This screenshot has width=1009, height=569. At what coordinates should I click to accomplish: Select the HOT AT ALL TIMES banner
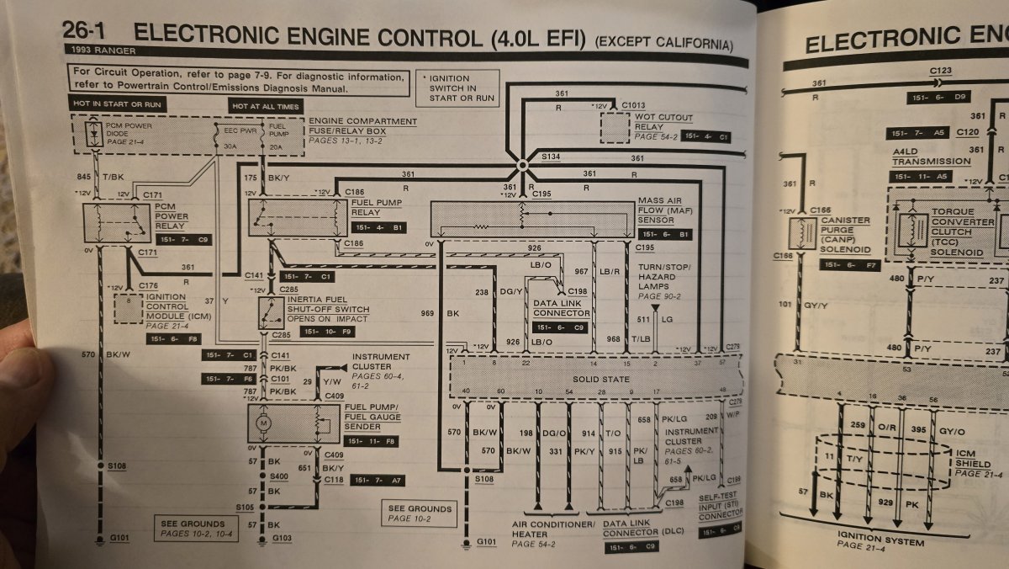[264, 105]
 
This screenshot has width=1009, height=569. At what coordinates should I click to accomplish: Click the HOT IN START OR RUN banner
[118, 104]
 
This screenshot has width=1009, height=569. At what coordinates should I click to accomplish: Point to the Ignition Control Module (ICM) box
[129, 309]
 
